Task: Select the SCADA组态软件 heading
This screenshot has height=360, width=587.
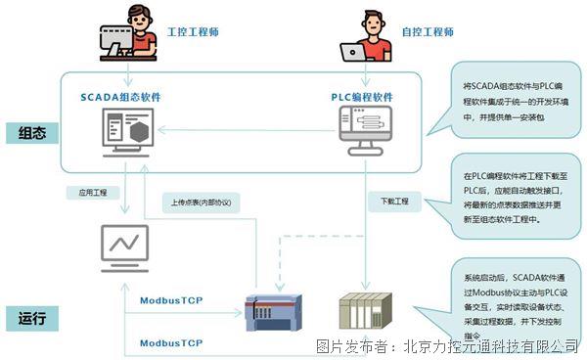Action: tap(121, 97)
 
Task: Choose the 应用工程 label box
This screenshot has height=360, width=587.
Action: tap(85, 193)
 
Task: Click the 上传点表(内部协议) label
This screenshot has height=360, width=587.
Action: tap(200, 203)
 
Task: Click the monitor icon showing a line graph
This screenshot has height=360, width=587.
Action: tap(124, 246)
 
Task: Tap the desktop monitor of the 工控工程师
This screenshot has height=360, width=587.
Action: tap(118, 40)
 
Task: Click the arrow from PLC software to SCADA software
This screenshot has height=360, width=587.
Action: tap(245, 134)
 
